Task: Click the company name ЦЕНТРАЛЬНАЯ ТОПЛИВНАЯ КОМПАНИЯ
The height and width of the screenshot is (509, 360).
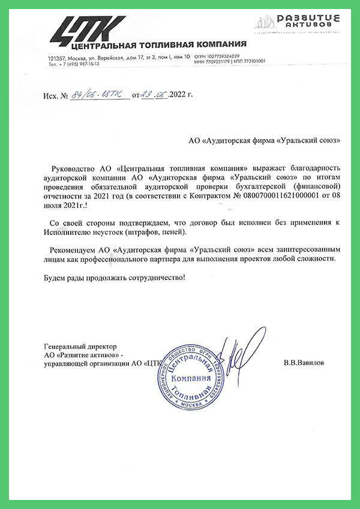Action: [158, 45]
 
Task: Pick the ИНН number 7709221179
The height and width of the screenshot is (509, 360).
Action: [220, 61]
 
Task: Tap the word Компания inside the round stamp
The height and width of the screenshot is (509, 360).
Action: [191, 380]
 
